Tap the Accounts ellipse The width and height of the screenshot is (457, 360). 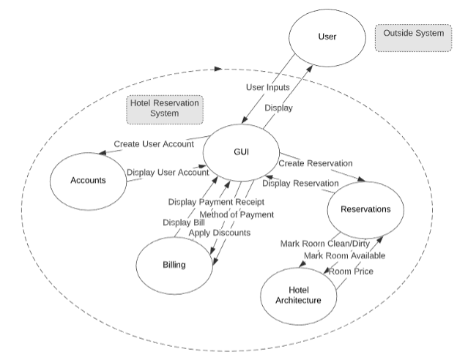coord(87,181)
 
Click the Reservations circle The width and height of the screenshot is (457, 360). coord(366,210)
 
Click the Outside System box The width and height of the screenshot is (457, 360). coord(413,34)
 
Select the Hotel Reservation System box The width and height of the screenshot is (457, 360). coord(164,108)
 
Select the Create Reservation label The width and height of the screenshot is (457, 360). coord(315,163)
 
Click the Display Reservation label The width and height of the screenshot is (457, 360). coord(300,183)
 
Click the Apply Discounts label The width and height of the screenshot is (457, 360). coord(219,233)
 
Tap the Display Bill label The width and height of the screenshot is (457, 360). coord(183,222)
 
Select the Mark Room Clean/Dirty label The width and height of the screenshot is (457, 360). coord(326,243)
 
